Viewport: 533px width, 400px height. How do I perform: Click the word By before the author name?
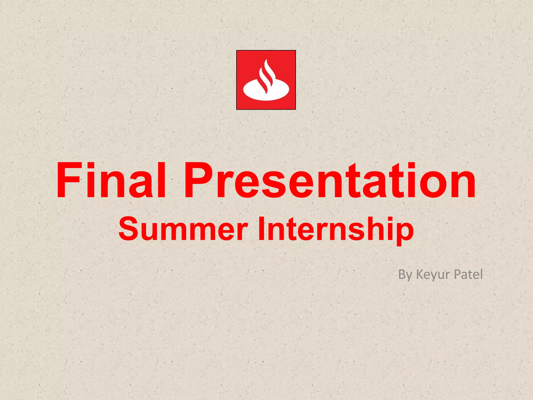click(405, 274)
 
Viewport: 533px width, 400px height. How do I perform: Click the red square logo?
click(266, 80)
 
